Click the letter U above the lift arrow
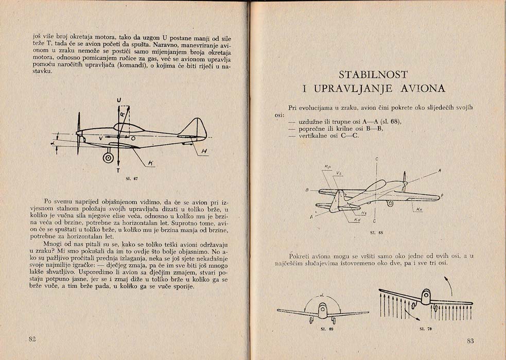[119, 100]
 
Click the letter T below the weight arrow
[118, 170]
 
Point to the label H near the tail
[204, 151]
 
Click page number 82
[32, 339]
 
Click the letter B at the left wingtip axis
[307, 191]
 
